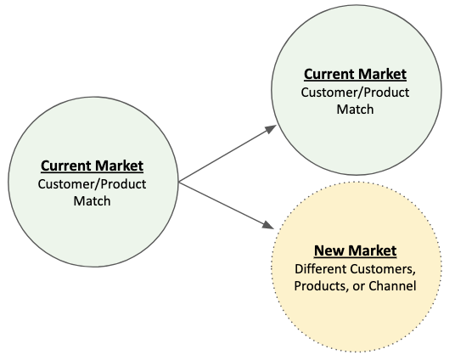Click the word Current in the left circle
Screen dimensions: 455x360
(x=66, y=166)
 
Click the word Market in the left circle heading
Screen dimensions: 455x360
(x=119, y=166)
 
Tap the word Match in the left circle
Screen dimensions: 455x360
(x=92, y=201)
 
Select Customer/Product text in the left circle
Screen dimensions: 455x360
(x=92, y=184)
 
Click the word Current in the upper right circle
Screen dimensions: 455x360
(x=329, y=74)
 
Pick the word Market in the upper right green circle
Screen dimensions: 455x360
(x=383, y=74)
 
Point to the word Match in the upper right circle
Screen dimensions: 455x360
(x=355, y=110)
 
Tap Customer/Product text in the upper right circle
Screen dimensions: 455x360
(x=355, y=93)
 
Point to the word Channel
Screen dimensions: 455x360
(x=392, y=286)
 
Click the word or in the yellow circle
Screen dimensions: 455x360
(x=359, y=287)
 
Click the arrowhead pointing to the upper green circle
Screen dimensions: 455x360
(x=271, y=129)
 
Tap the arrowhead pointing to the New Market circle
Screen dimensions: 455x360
(x=268, y=225)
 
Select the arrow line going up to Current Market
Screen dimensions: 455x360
(x=227, y=154)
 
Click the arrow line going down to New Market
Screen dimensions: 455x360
(x=227, y=205)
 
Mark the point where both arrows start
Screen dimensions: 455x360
(x=179, y=183)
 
